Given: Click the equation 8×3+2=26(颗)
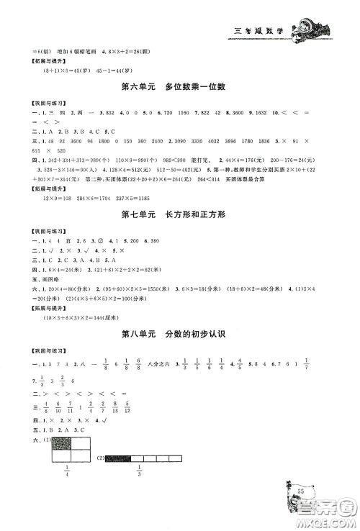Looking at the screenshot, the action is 145,50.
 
